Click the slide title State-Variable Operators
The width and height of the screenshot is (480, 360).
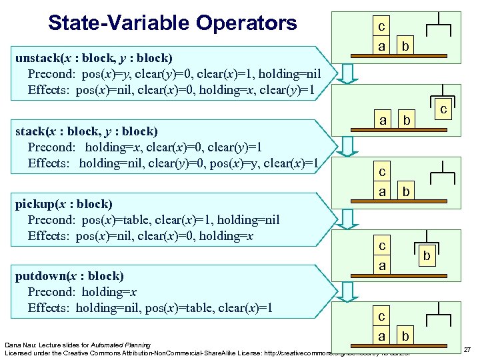[x=173, y=23]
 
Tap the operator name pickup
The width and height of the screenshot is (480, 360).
[x=35, y=204]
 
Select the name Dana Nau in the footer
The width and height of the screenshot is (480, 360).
[x=20, y=345]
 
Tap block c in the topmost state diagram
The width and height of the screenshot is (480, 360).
[x=381, y=27]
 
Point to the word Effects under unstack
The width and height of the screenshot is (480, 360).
[x=49, y=90]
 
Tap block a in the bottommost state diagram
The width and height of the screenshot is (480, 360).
[x=381, y=336]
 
